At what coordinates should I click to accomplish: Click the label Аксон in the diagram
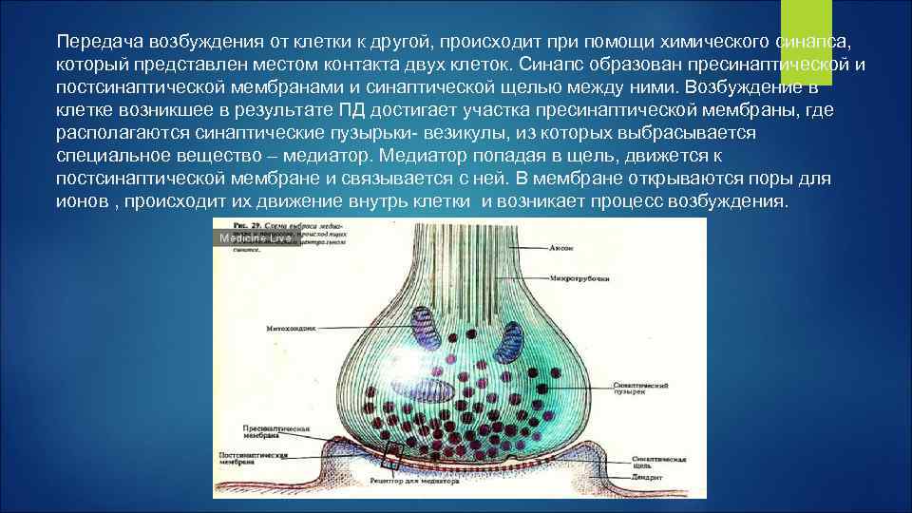561,247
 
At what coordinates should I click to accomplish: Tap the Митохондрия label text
289,328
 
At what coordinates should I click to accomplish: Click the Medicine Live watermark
255,238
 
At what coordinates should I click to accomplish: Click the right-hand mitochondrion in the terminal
509,337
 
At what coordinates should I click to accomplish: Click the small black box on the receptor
392,457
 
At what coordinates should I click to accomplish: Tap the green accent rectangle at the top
806,28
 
